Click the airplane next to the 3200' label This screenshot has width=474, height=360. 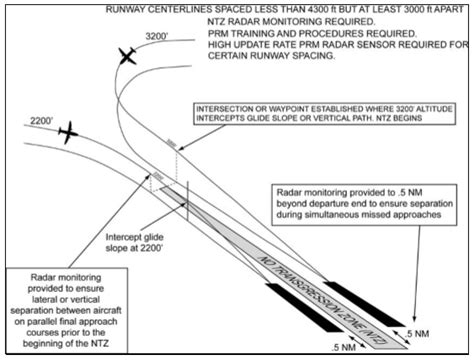click(127, 58)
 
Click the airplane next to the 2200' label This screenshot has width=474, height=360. click(67, 131)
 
